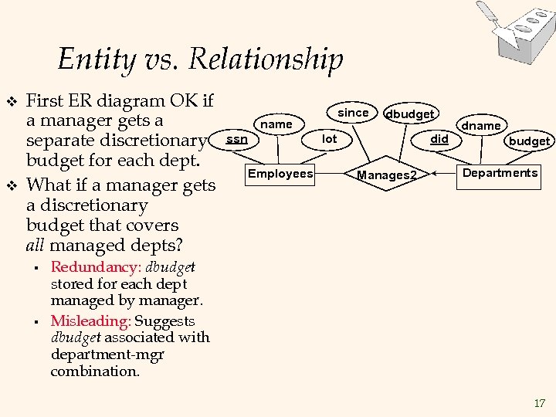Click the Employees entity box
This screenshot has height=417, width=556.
[280, 174]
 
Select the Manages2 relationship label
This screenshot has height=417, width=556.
[386, 175]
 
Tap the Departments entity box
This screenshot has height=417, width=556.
[500, 173]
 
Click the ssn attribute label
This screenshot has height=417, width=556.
[236, 139]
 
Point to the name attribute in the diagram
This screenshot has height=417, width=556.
[276, 124]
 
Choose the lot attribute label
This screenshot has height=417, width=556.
[330, 139]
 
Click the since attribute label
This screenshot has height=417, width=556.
[354, 113]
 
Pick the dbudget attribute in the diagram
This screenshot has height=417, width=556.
[410, 114]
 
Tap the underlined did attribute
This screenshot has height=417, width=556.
[439, 139]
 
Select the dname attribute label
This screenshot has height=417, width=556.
[481, 125]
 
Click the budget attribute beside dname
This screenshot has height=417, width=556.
[529, 141]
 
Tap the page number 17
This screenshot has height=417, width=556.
[539, 402]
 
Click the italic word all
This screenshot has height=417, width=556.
[36, 246]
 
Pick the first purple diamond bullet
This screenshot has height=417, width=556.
[11, 101]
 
